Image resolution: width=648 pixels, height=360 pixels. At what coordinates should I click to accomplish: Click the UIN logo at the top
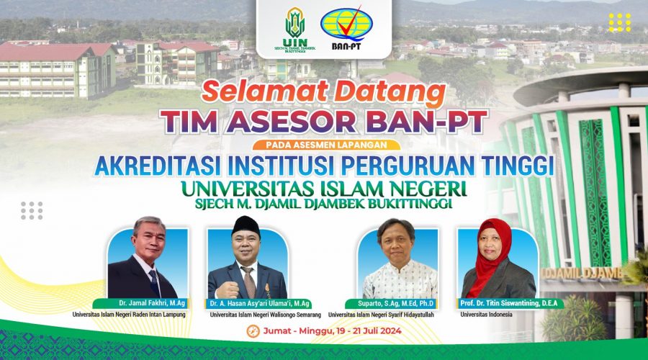(x=295, y=29)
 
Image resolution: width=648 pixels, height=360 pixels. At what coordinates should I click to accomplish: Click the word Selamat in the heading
(x=265, y=91)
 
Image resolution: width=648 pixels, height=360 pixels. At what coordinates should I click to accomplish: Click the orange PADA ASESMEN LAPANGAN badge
(x=326, y=145)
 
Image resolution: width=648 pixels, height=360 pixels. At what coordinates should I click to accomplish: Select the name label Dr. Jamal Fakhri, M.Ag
(x=152, y=303)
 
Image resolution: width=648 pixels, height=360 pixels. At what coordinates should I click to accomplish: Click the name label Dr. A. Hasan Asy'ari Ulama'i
(x=259, y=304)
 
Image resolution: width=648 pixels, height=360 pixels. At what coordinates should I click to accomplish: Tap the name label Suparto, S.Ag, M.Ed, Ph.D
(x=395, y=304)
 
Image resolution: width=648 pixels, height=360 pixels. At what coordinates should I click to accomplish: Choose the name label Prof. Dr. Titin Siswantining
(x=509, y=303)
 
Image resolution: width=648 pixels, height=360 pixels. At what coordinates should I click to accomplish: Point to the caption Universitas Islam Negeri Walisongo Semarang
(x=265, y=315)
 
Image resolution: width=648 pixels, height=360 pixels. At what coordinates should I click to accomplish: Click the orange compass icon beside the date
(x=253, y=331)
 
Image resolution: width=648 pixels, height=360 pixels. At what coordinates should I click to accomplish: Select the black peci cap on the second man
(x=246, y=225)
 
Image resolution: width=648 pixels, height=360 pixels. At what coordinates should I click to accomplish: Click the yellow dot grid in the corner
(x=619, y=22)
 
